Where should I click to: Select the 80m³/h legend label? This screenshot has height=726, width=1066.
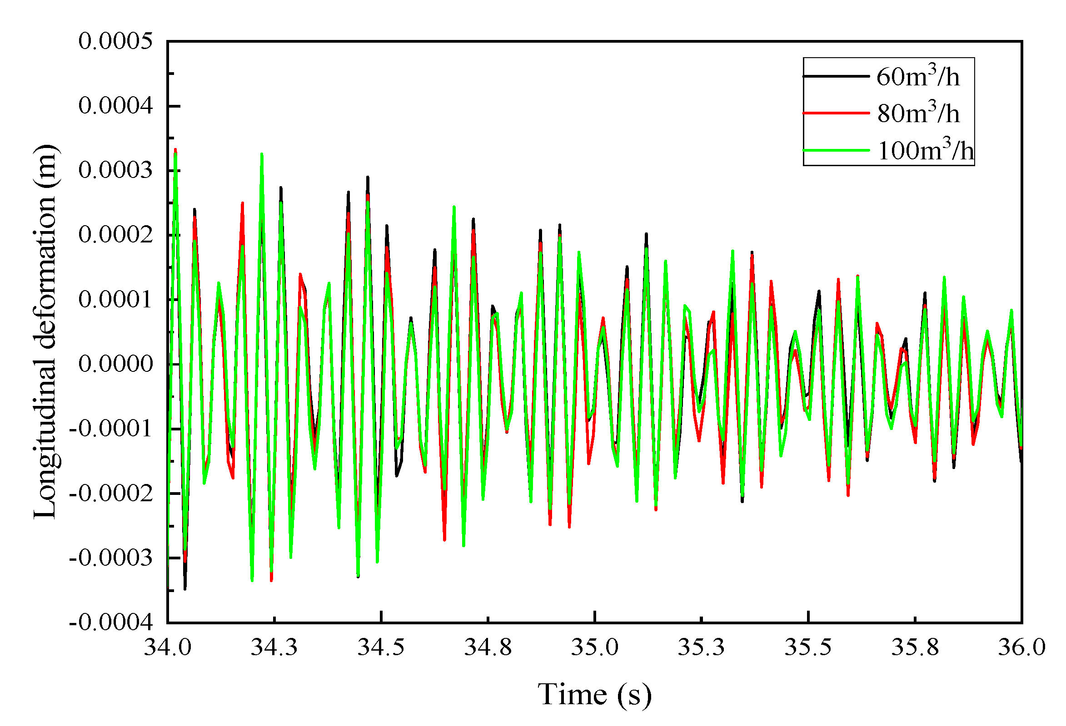pyautogui.click(x=918, y=113)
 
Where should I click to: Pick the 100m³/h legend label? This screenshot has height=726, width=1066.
pyautogui.click(x=925, y=150)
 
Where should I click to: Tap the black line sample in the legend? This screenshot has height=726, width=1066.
pyautogui.click(x=836, y=76)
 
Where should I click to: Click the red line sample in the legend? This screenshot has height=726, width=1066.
pyautogui.click(x=836, y=113)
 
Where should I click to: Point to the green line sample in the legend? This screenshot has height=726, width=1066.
pyautogui.click(x=836, y=150)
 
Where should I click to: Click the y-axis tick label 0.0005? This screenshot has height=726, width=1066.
pyautogui.click(x=115, y=41)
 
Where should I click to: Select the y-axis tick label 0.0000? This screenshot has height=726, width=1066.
pyautogui.click(x=115, y=365)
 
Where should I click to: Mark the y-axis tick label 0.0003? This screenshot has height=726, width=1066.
pyautogui.click(x=115, y=171)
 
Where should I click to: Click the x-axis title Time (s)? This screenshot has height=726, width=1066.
pyautogui.click(x=594, y=695)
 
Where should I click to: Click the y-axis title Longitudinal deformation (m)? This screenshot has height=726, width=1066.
pyautogui.click(x=45, y=332)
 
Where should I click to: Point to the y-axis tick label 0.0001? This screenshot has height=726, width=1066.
pyautogui.click(x=115, y=300)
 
